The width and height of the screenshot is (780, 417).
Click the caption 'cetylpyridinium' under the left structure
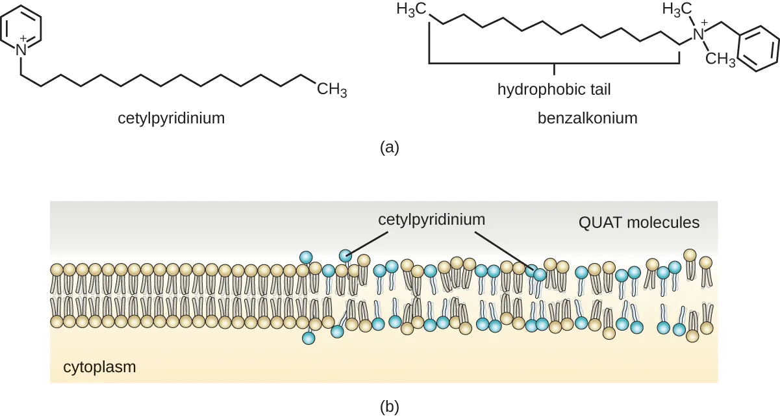(x=171, y=118)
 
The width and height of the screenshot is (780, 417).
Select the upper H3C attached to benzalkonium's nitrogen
(x=676, y=10)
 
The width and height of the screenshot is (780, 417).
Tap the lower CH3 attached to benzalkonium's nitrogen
(x=720, y=60)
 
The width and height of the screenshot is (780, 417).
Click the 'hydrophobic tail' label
(x=554, y=89)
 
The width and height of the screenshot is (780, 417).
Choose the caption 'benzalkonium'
(x=587, y=118)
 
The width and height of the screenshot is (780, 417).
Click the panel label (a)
(x=389, y=147)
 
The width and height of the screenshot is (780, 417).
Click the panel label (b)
(x=389, y=407)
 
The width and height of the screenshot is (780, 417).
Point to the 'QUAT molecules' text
(x=638, y=223)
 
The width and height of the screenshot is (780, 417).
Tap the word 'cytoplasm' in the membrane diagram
(x=99, y=367)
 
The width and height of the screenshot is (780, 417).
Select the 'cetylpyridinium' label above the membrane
(x=431, y=219)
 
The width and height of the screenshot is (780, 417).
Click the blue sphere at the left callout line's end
(x=346, y=255)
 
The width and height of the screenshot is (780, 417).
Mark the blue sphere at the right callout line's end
(x=539, y=274)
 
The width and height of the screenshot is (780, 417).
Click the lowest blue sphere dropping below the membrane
(x=308, y=338)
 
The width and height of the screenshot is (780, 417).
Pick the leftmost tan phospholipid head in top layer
(x=57, y=270)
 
